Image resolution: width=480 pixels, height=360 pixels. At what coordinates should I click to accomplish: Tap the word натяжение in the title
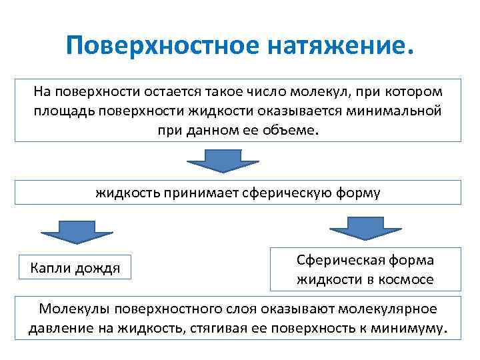(x=335, y=47)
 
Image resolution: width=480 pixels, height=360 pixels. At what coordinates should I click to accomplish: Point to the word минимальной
(x=393, y=110)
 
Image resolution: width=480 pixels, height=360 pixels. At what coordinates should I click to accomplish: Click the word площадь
(x=63, y=110)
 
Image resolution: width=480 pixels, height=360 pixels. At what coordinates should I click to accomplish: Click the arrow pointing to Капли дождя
(x=77, y=231)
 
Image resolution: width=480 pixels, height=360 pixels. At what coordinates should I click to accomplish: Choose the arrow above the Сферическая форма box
(x=365, y=228)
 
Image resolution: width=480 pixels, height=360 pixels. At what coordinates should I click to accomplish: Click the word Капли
(x=51, y=268)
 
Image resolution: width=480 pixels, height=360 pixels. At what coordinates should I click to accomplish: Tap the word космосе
(x=404, y=279)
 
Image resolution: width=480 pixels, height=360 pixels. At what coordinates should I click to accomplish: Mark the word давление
(x=58, y=328)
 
